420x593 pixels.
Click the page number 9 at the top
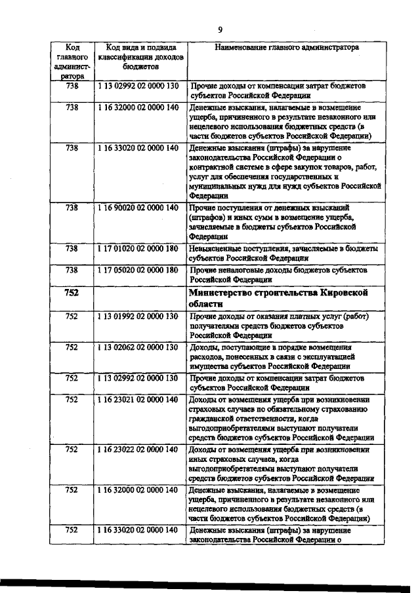(220, 29)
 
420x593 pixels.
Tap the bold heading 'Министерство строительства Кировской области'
(278, 297)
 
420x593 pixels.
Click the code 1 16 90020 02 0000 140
(138, 208)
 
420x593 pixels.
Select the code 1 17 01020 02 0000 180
(138, 249)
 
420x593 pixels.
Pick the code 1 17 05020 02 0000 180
(138, 269)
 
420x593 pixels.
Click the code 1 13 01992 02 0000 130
(138, 316)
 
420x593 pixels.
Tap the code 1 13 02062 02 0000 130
(138, 347)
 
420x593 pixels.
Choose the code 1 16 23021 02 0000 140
(138, 399)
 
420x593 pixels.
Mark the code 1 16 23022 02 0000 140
(138, 450)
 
